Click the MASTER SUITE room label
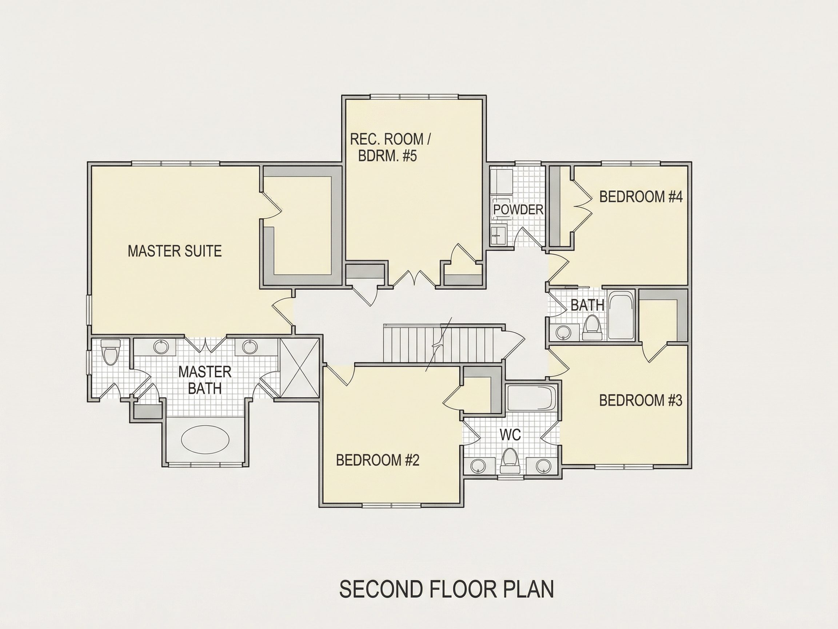175,251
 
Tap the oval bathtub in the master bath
205,440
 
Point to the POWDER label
518,209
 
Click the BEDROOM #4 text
641,197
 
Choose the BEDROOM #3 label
641,400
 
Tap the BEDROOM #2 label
378,460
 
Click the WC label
510,435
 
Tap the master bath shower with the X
299,367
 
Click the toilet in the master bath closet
111,352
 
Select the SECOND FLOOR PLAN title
447,589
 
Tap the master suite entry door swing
282,313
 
